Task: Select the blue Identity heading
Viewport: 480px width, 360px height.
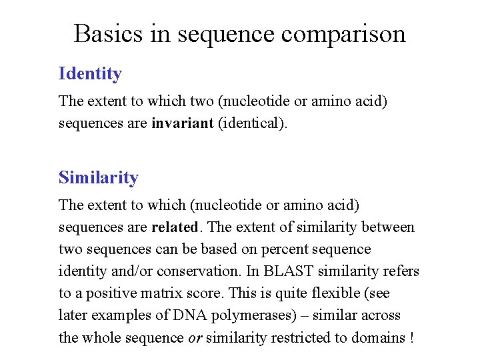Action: point(90,73)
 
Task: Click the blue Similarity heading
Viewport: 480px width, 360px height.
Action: point(99,177)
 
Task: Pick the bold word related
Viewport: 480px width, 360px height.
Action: point(175,227)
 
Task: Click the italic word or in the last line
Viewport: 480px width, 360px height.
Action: point(195,337)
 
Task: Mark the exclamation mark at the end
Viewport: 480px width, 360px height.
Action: point(412,337)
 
